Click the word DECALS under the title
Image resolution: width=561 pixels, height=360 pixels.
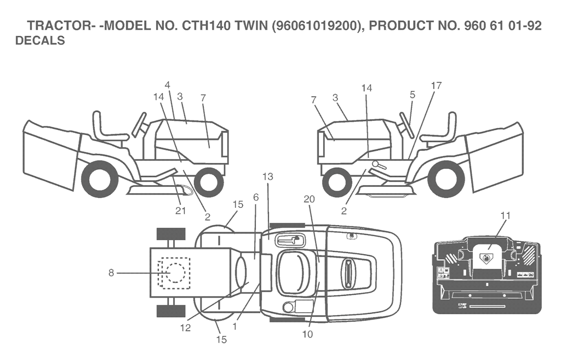pyautogui.click(x=40, y=41)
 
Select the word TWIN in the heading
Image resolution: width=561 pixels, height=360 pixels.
pyautogui.click(x=251, y=26)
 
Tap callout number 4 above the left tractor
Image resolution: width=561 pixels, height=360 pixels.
pyautogui.click(x=168, y=85)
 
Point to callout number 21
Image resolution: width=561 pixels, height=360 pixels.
pyautogui.click(x=180, y=211)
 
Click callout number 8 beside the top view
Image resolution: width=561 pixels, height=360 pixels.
pyautogui.click(x=111, y=273)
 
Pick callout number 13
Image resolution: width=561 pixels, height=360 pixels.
pyautogui.click(x=267, y=176)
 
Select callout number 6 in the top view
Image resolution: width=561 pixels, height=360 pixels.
pyautogui.click(x=255, y=197)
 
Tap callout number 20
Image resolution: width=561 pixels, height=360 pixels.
pyautogui.click(x=309, y=199)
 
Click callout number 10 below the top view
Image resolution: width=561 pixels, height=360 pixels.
pyautogui.click(x=307, y=334)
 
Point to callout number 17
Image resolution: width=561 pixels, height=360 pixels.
pyautogui.click(x=436, y=85)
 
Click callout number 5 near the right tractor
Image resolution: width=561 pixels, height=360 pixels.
pyautogui.click(x=413, y=95)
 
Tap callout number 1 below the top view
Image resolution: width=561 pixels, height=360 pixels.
pyautogui.click(x=234, y=327)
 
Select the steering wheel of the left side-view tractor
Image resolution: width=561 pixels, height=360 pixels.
pyautogui.click(x=139, y=124)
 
